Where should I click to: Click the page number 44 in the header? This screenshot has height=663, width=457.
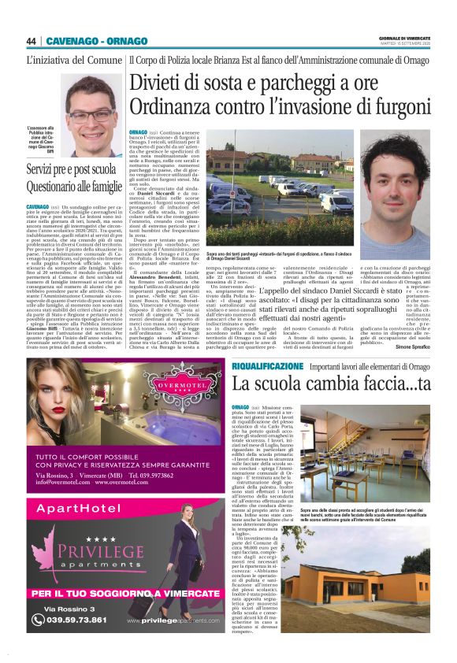[x=31, y=41]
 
